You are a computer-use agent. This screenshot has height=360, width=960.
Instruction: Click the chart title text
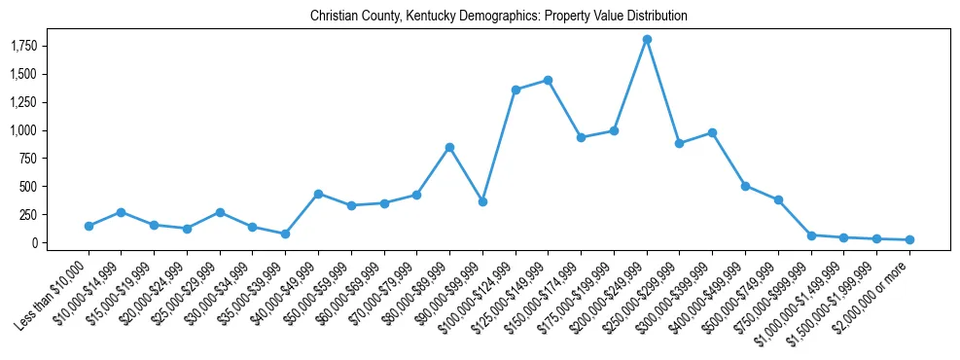[x=499, y=16]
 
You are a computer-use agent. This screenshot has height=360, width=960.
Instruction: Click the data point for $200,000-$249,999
[x=647, y=39]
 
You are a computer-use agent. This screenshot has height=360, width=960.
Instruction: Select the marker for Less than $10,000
[x=89, y=226]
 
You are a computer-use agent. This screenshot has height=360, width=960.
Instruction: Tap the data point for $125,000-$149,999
[x=549, y=80]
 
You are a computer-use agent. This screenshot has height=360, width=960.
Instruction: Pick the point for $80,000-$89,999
[x=449, y=147]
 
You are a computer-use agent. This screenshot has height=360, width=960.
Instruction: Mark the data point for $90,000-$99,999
[x=482, y=201]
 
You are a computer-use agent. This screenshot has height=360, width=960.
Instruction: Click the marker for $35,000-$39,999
[x=285, y=234]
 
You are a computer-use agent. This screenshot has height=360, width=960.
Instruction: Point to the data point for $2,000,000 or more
[x=909, y=239]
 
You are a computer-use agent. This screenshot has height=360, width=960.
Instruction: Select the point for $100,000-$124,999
[x=516, y=90]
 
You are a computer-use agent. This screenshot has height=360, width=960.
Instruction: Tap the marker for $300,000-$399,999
[x=712, y=132]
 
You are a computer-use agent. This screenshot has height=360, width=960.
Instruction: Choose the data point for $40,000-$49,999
[x=318, y=194]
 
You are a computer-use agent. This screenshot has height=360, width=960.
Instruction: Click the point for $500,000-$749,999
[x=778, y=199]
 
